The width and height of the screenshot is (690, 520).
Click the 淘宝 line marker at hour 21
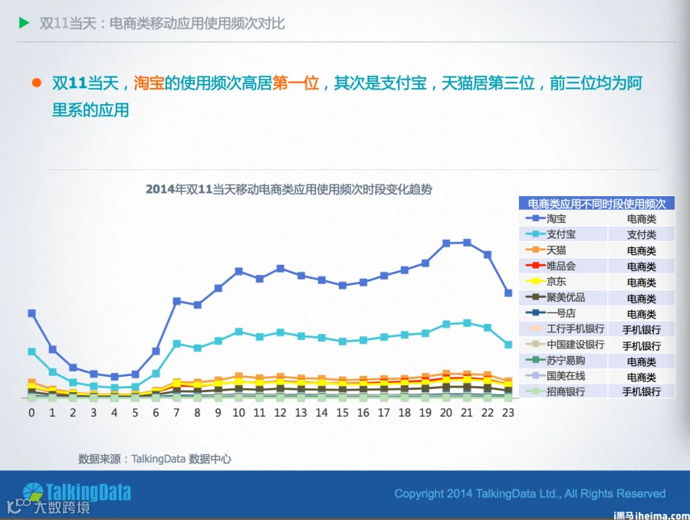coord(467,243)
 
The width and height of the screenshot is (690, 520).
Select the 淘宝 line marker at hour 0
coord(31,313)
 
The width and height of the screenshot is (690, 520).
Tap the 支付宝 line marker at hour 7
coord(177,344)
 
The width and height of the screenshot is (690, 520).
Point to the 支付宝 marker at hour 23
coord(508,345)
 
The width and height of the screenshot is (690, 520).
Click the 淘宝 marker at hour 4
coord(114,377)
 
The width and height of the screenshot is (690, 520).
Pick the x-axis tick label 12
coord(281,413)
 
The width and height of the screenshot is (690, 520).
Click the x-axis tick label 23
coord(508,413)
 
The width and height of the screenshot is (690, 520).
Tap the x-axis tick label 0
coord(31,413)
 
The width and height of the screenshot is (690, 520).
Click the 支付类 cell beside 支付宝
coord(642,234)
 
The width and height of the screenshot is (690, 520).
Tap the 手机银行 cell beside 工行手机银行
coord(642,329)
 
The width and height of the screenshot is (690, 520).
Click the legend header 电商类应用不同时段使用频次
coord(596,204)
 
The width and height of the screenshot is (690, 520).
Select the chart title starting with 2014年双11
coord(289,189)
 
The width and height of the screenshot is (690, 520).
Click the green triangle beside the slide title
coord(25,23)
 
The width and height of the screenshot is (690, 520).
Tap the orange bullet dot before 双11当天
coord(37,83)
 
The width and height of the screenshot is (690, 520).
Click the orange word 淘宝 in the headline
coord(149,83)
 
